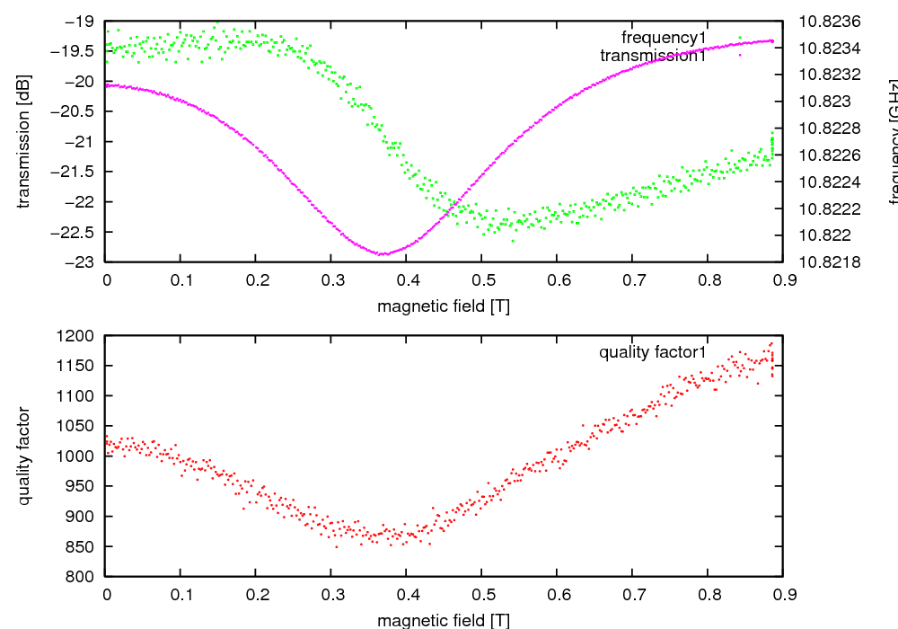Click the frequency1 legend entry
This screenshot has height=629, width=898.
(665, 38)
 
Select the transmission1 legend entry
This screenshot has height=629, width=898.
(653, 56)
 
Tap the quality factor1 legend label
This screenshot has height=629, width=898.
(654, 352)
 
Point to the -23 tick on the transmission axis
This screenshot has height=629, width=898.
(80, 262)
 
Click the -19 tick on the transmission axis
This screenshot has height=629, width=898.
(80, 21)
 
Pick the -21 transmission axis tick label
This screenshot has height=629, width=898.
(80, 142)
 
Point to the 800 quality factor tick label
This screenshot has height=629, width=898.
(83, 576)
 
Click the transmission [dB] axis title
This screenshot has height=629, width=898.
(24, 142)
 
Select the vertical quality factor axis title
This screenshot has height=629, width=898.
(24, 456)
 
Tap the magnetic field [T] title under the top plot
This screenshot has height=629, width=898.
(444, 306)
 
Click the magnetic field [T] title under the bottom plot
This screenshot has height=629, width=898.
(444, 620)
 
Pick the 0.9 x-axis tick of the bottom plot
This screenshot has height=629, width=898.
(782, 595)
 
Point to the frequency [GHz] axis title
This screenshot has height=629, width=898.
(893, 142)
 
